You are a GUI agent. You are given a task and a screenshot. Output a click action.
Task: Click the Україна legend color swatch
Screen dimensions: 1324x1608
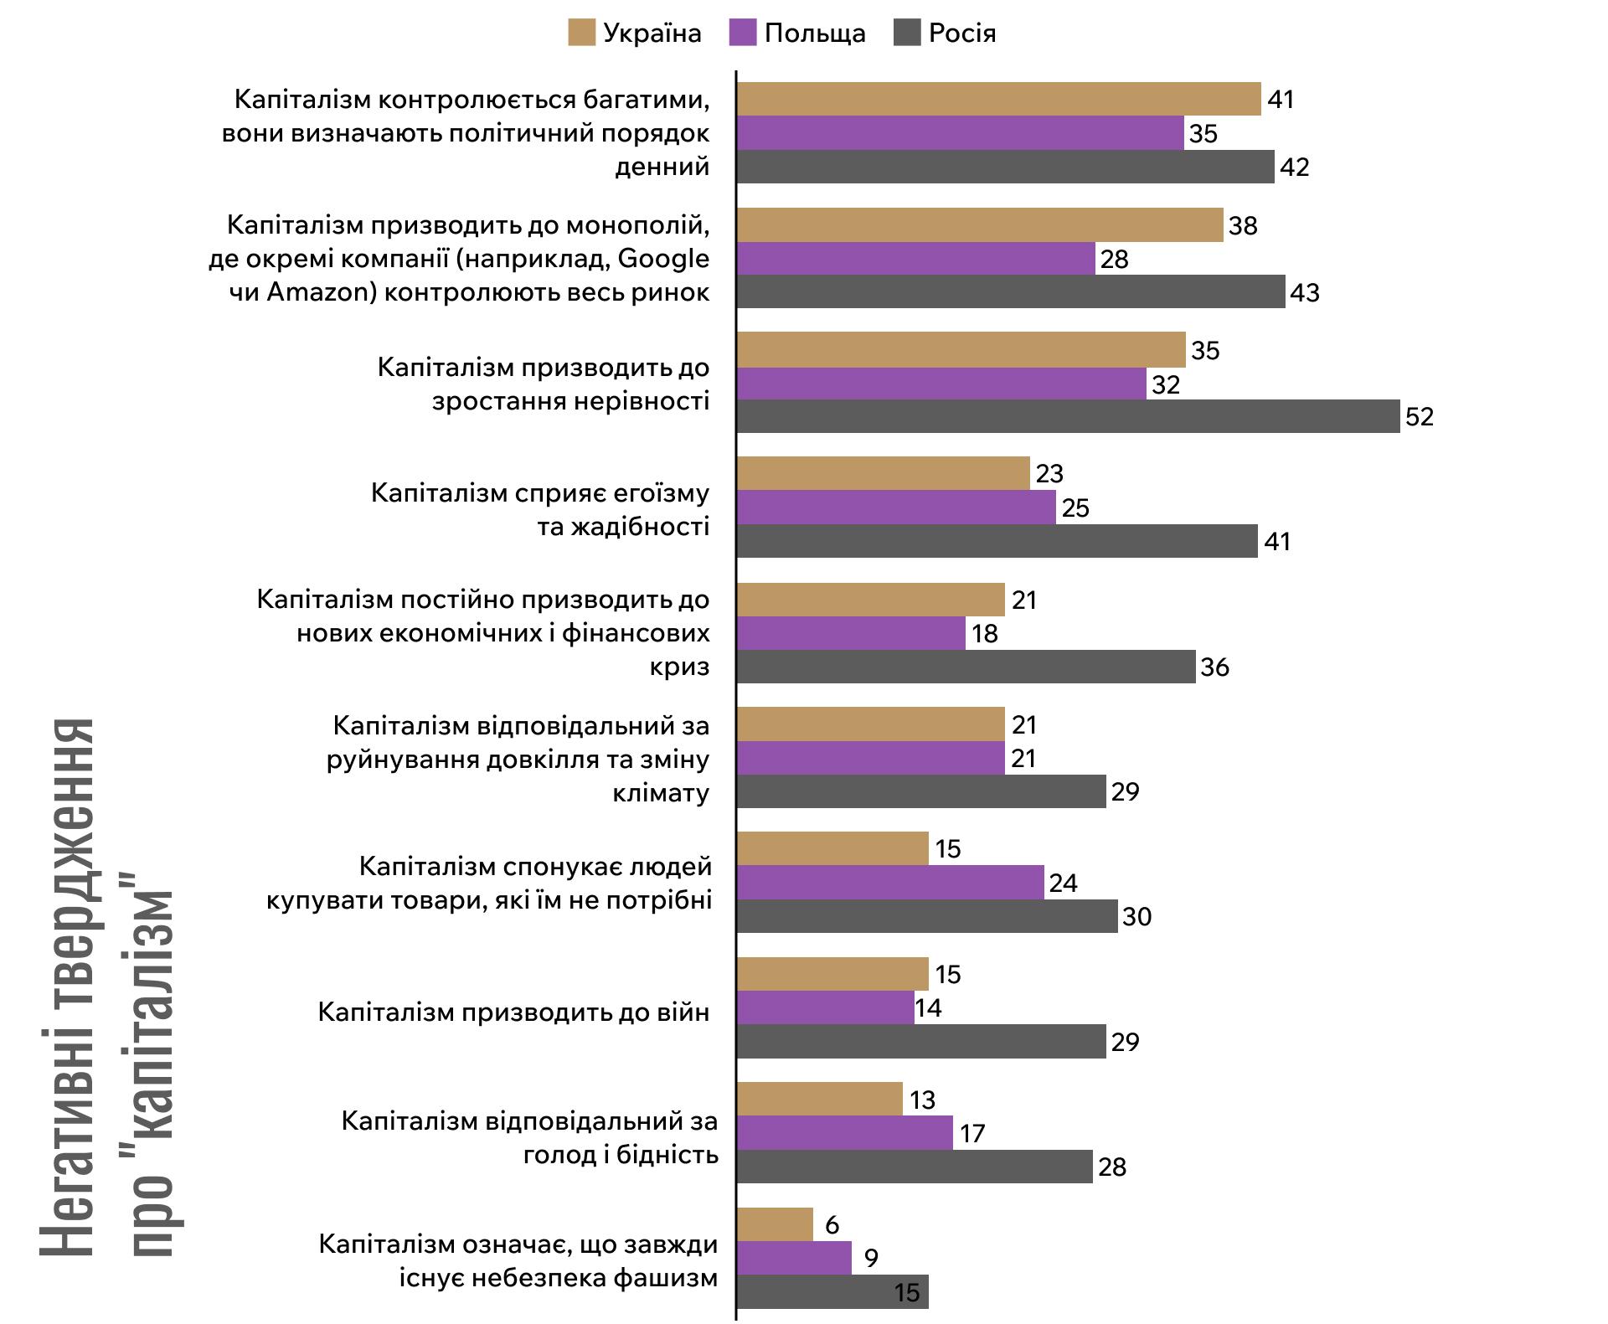pyautogui.click(x=581, y=33)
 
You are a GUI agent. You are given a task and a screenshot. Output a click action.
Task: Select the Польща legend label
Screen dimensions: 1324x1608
pyautogui.click(x=815, y=33)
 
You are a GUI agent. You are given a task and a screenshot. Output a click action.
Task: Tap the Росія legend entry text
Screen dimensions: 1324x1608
pyautogui.click(x=962, y=33)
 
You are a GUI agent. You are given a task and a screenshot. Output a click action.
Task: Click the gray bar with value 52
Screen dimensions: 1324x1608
pyautogui.click(x=1068, y=416)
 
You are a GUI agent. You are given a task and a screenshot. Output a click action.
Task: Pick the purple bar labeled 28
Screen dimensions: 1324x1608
pyautogui.click(x=916, y=259)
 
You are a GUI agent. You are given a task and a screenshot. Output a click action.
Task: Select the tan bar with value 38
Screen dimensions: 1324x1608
pyautogui.click(x=980, y=225)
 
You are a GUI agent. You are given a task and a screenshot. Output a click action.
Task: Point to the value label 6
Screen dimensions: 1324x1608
pyautogui.click(x=832, y=1224)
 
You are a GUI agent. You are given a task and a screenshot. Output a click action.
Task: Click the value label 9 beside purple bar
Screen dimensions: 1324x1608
pyautogui.click(x=871, y=1259)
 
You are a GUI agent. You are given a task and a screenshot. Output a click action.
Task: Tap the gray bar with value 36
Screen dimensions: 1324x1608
pyautogui.click(x=966, y=667)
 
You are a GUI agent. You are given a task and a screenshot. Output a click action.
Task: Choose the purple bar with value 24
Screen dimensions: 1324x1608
pyautogui.click(x=890, y=883)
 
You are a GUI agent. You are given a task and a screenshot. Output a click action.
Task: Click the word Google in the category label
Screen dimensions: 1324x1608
pyautogui.click(x=663, y=259)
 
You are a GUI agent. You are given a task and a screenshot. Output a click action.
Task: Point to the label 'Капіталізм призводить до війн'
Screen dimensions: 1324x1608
pyautogui.click(x=513, y=1012)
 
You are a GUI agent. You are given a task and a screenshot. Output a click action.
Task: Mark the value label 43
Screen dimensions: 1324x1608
pyautogui.click(x=1305, y=292)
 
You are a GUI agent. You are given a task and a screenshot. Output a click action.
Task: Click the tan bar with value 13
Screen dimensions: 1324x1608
pyautogui.click(x=820, y=1099)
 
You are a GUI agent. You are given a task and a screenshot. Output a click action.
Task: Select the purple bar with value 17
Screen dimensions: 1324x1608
pyautogui.click(x=845, y=1133)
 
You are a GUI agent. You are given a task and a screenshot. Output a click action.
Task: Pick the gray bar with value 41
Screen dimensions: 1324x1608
pyautogui.click(x=997, y=541)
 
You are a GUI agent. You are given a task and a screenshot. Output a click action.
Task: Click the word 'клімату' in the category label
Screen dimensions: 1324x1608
pyautogui.click(x=661, y=792)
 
